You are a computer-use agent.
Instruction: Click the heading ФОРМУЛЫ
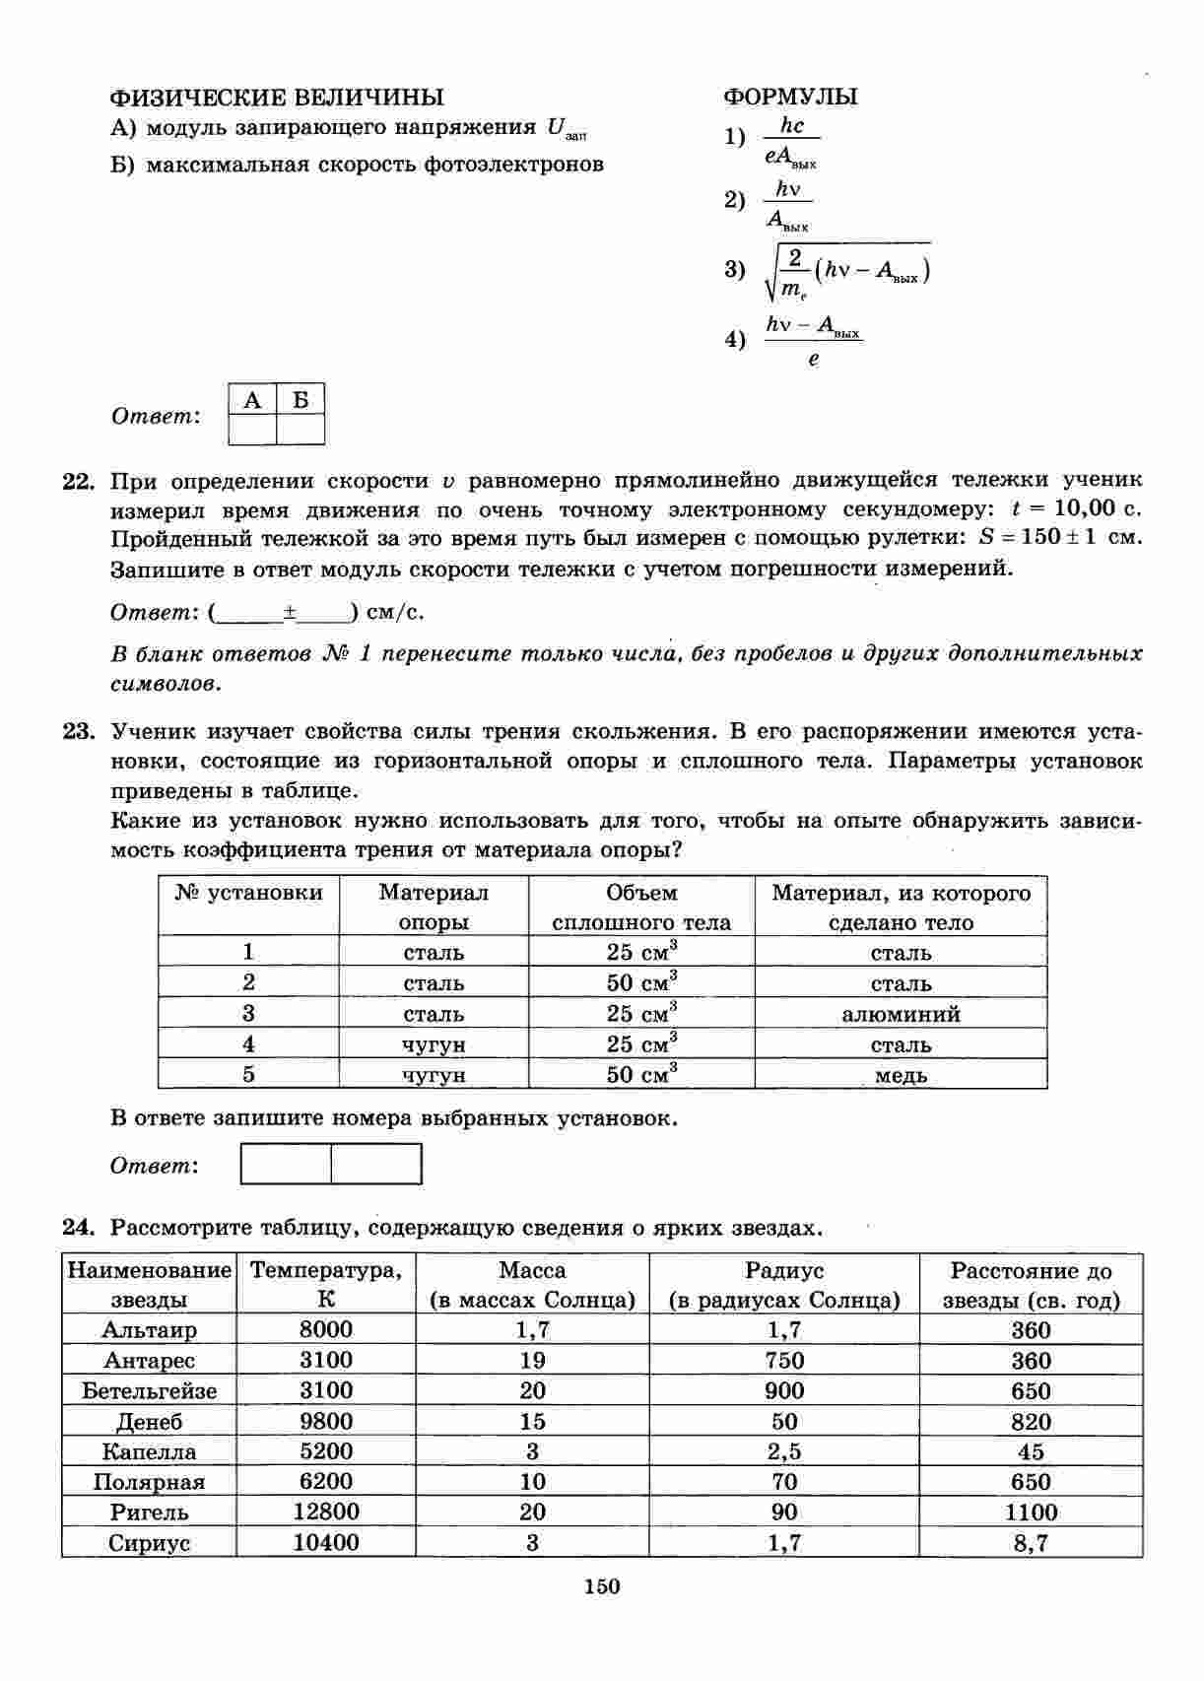(x=790, y=97)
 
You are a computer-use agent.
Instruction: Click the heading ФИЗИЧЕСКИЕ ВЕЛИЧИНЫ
(x=276, y=97)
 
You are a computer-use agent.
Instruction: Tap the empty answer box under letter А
(x=252, y=430)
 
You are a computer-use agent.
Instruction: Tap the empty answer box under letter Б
(x=301, y=430)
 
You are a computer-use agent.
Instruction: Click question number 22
(x=78, y=482)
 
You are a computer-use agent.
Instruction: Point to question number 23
(x=78, y=732)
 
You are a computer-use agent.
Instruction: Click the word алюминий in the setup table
(x=901, y=1014)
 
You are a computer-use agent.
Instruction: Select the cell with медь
(x=901, y=1075)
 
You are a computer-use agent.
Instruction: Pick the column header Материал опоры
(x=434, y=908)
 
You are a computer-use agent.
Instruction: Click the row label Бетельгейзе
(x=150, y=1391)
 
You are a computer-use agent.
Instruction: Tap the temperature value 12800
(x=326, y=1512)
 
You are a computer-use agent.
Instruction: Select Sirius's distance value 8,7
(x=1031, y=1543)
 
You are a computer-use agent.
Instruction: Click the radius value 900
(x=784, y=1391)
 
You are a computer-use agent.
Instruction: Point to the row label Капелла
(x=150, y=1451)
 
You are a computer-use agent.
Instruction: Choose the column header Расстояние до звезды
(x=1031, y=1285)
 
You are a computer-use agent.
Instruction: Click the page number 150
(x=602, y=1586)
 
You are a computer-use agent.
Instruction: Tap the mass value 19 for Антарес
(x=532, y=1361)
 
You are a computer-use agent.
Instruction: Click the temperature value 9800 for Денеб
(x=326, y=1421)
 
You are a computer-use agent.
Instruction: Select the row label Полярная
(x=150, y=1482)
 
